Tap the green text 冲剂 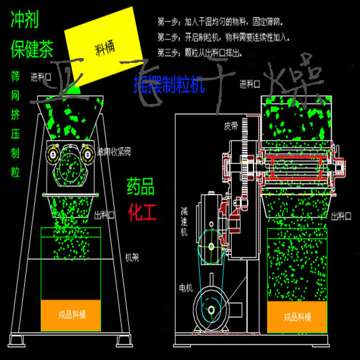[24, 20]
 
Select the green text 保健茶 [32, 49]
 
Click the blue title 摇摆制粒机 [169, 84]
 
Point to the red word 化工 [142, 212]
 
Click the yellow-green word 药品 [141, 187]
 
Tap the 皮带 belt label [231, 127]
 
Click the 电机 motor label [186, 288]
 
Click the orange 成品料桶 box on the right [297, 317]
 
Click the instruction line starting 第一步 [216, 22]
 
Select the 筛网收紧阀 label [113, 152]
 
